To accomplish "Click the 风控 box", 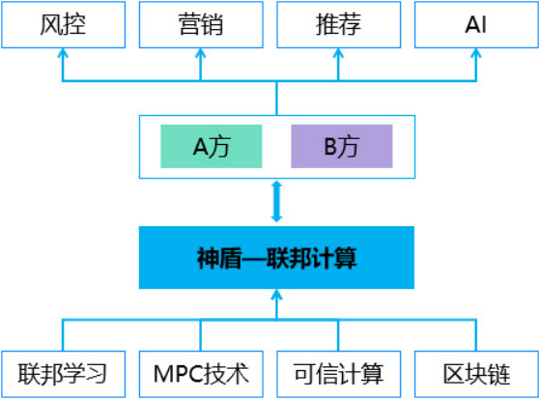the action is click(x=64, y=25).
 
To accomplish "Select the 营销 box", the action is click(x=201, y=25).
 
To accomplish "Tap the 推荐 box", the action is click(x=339, y=25).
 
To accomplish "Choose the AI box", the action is click(x=476, y=25).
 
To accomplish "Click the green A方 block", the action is click(x=212, y=147).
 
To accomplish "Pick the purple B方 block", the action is click(x=342, y=147).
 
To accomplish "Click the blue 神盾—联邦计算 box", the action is click(x=276, y=257).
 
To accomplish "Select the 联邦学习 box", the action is click(x=64, y=374).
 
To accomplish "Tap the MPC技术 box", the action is click(x=201, y=374).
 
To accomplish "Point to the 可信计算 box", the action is click(x=339, y=374).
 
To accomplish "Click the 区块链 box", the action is click(x=476, y=374).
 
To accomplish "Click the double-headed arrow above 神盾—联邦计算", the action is click(x=276, y=202).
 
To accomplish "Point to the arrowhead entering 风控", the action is click(x=63, y=53).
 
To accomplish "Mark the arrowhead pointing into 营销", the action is click(x=201, y=53).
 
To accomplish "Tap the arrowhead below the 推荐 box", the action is click(x=338, y=53).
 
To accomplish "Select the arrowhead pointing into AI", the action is click(x=476, y=53).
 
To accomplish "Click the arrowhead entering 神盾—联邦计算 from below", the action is click(x=276, y=294).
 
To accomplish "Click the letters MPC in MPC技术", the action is click(x=177, y=374).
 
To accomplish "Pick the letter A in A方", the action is click(x=200, y=147).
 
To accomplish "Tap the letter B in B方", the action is click(x=330, y=147).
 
